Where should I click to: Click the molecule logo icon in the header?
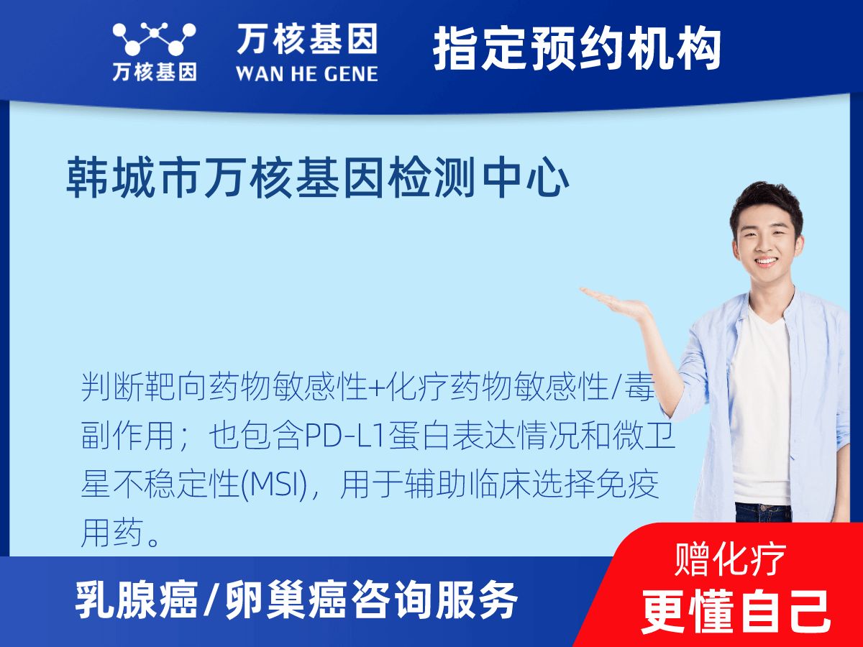point(154,40)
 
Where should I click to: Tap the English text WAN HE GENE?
point(306,73)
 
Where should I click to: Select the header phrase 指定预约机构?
point(577,49)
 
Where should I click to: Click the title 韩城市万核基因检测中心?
point(318,179)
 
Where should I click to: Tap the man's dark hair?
point(767,198)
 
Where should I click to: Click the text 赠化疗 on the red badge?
point(731,559)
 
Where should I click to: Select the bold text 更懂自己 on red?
point(736,610)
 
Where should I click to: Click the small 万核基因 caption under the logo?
point(154,72)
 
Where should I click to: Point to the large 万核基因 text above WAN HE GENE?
point(306,40)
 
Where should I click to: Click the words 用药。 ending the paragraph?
point(121,535)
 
